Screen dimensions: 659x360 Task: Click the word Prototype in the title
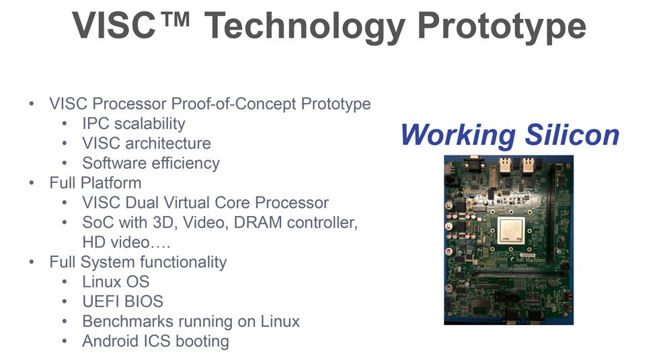click(502, 26)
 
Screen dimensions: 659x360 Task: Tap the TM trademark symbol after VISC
click(174, 20)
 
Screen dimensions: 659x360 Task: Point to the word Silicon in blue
click(572, 135)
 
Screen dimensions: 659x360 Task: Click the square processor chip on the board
click(511, 230)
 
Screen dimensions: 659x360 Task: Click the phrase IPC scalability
click(134, 124)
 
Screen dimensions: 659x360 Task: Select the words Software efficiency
click(151, 163)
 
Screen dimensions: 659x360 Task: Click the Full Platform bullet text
click(95, 183)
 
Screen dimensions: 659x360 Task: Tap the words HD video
click(116, 242)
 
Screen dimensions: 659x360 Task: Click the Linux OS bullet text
click(116, 282)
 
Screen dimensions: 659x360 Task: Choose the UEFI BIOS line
click(122, 301)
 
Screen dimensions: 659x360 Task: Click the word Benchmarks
click(128, 322)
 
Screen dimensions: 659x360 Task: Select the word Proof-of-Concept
click(234, 104)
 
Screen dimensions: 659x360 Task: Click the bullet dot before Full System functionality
click(32, 262)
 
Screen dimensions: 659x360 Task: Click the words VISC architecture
click(147, 143)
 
